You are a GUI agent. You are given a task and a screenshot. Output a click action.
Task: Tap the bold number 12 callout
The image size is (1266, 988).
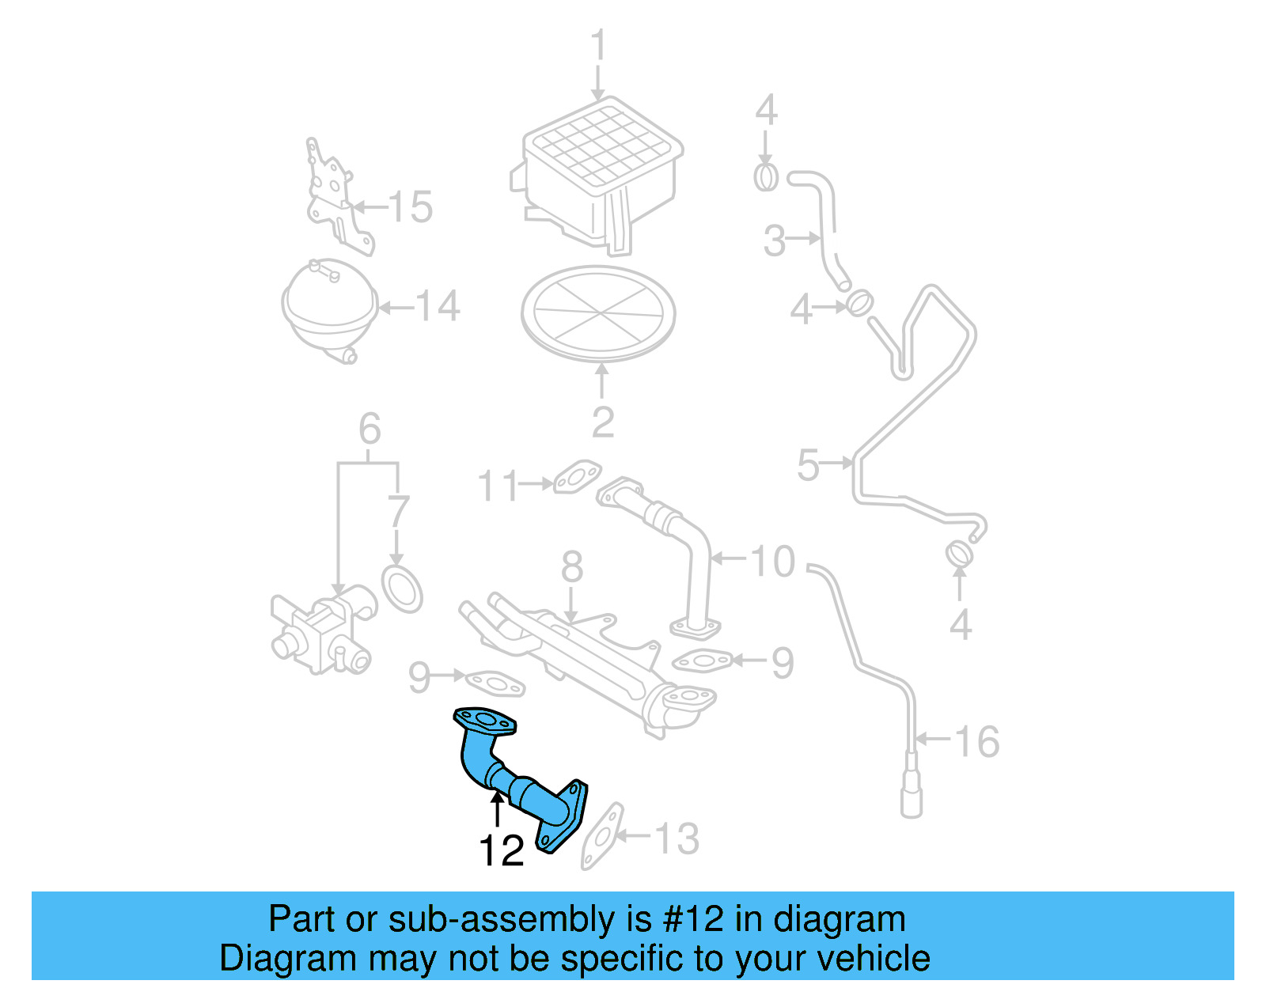click(501, 851)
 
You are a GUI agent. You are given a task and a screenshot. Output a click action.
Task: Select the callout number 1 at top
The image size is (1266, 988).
click(599, 45)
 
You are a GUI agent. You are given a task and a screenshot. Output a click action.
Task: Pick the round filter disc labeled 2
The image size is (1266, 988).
click(598, 313)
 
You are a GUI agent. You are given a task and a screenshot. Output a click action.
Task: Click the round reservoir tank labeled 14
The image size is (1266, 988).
click(328, 309)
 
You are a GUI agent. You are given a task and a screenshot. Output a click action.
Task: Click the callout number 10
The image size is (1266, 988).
click(771, 562)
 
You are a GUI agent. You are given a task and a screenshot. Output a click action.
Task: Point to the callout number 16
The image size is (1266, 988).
click(977, 741)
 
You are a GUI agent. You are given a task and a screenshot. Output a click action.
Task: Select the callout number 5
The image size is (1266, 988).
click(808, 464)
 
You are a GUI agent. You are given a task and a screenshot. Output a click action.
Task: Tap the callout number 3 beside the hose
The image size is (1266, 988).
click(775, 240)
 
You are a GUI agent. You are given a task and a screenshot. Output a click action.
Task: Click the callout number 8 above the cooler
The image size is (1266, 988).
click(572, 567)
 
